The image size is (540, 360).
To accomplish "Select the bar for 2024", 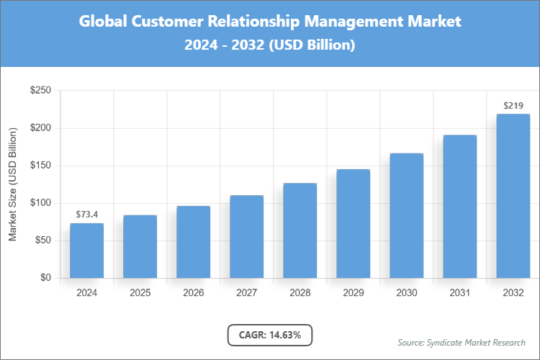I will pos(86,251).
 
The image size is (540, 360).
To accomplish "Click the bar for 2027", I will pos(246,236).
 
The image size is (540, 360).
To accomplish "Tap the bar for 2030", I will pos(406,215).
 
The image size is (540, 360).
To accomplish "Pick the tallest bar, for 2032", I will pos(513,196).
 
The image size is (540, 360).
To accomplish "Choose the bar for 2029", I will pos(353,223).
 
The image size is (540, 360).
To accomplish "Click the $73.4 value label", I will pos(86,215).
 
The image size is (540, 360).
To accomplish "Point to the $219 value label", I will pos(513,106).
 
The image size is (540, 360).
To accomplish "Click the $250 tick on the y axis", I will pos(40,91).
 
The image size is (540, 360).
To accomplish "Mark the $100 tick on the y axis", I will pos(40,203).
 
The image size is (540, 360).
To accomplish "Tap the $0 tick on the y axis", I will pos(45,278).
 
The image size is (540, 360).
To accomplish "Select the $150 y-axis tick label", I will pos(40,166).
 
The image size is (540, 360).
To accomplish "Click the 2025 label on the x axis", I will pos(140,293).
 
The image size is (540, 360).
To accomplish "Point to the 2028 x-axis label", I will pos(300,293).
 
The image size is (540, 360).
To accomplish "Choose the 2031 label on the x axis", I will pos(459,293).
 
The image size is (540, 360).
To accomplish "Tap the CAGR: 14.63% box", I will pos(270,335).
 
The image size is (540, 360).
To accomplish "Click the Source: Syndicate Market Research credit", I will pos(461,342).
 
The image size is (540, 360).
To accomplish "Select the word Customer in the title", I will pos(168,22).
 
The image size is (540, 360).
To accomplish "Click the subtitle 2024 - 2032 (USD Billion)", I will pos(270,45).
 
